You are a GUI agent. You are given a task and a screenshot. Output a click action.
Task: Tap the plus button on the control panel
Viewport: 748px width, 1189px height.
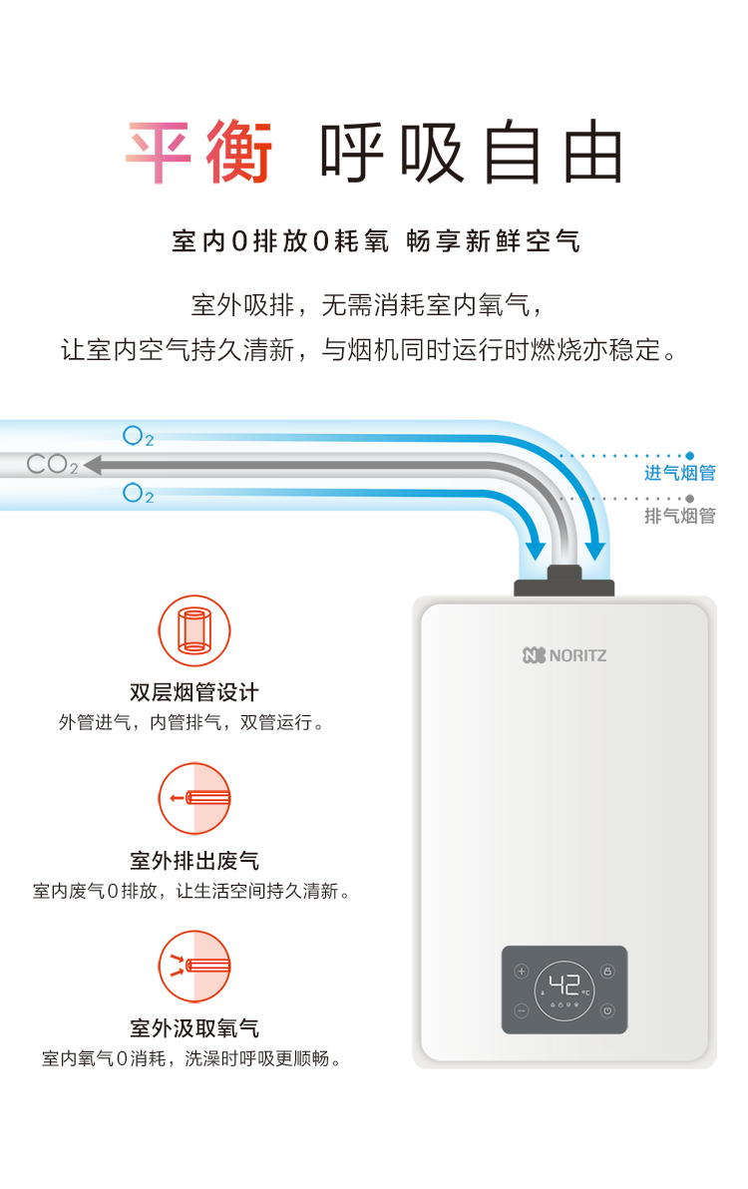[x=522, y=972]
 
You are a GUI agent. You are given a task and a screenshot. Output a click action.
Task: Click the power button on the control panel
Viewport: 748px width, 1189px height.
[x=607, y=1010]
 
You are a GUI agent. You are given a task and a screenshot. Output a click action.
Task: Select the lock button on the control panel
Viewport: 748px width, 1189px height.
[x=607, y=972]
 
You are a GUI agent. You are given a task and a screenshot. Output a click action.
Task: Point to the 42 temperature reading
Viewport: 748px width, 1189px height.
[x=564, y=986]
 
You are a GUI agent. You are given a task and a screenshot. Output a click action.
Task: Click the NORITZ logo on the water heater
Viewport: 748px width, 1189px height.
[x=564, y=655]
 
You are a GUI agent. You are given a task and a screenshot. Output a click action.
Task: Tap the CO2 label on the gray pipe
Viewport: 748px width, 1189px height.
[x=52, y=464]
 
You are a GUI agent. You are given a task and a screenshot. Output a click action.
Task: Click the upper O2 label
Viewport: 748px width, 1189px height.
[x=138, y=436]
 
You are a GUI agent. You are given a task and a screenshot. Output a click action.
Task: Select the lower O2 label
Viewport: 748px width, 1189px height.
[x=138, y=494]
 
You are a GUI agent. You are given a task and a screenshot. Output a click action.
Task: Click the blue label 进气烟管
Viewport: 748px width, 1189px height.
[x=680, y=473]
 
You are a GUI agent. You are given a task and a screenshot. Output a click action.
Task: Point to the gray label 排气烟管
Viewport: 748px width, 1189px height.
[x=680, y=517]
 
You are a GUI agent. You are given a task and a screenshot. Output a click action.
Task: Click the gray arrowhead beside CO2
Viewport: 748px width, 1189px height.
[x=93, y=465]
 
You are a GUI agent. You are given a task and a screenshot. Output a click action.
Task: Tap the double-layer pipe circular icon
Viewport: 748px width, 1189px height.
[x=194, y=630]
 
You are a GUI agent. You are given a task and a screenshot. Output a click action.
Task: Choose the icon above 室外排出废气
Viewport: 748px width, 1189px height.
[x=194, y=799]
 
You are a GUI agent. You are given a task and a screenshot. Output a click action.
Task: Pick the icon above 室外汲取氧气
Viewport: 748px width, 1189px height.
[x=194, y=967]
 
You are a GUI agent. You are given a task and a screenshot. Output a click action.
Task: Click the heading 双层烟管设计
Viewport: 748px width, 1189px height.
[x=194, y=692]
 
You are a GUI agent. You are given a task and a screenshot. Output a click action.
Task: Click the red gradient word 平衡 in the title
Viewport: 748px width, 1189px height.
[x=199, y=152]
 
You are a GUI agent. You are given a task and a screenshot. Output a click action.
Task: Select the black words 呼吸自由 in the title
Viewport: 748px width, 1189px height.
[x=471, y=152]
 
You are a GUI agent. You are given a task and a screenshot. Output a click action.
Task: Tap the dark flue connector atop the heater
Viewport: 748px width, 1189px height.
[x=564, y=582]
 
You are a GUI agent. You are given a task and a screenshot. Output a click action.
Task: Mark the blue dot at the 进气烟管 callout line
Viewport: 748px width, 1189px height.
[x=689, y=456]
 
